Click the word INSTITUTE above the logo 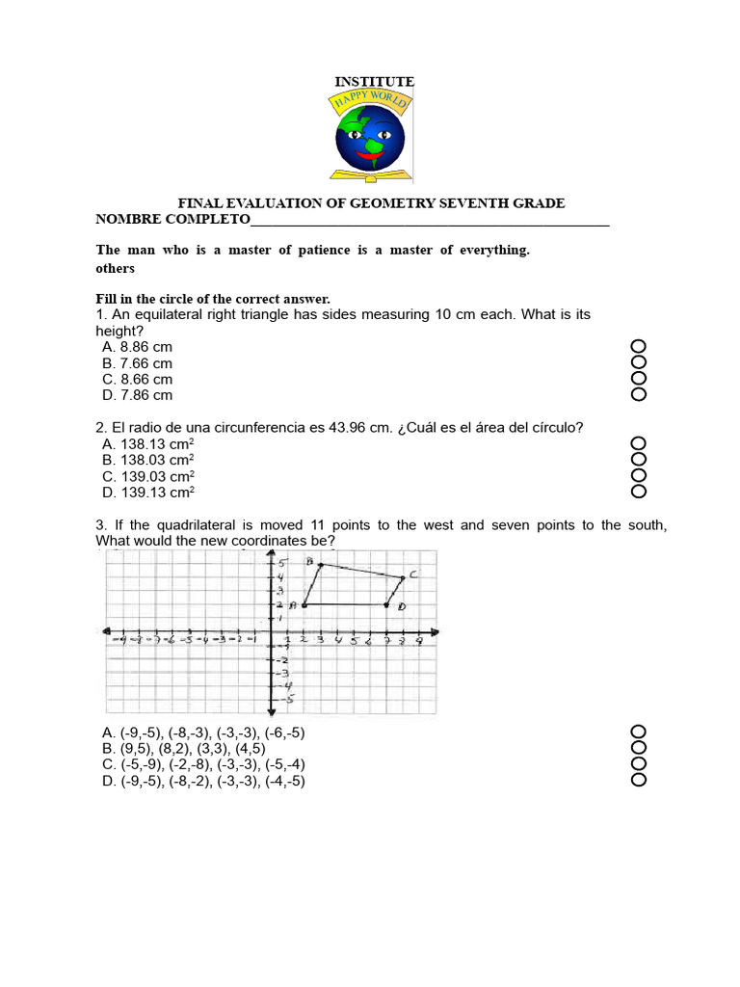click(374, 82)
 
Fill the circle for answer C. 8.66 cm click(637, 379)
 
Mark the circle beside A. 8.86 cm click(637, 346)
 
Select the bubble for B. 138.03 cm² click(637, 460)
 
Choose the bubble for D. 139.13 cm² click(637, 492)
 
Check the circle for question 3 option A click(637, 733)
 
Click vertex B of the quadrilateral click(320, 565)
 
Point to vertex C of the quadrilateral click(402, 578)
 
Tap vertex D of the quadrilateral click(386, 605)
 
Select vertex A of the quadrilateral click(304, 605)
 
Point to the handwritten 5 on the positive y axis click(282, 563)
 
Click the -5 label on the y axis click(288, 700)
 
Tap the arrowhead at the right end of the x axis click(436, 632)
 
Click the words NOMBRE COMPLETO click(172, 220)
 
